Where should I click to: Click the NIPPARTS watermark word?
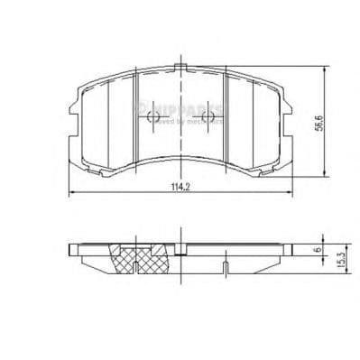tap(185, 109)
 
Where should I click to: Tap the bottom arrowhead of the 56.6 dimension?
tap(323, 172)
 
